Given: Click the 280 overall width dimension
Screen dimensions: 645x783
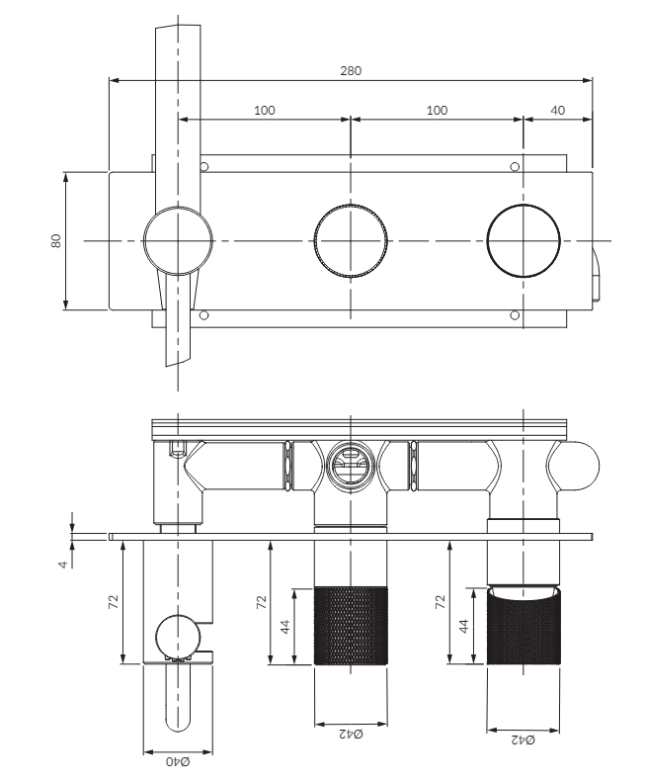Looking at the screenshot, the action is pyautogui.click(x=351, y=71).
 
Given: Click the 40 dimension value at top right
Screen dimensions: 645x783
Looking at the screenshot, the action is pyautogui.click(x=557, y=111).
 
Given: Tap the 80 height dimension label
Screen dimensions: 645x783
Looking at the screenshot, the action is pyautogui.click(x=56, y=240).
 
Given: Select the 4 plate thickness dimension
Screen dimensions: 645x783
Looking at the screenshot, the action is pyautogui.click(x=62, y=565).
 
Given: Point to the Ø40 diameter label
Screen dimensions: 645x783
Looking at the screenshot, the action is pyautogui.click(x=178, y=761).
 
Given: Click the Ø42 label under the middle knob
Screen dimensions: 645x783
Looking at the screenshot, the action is pyautogui.click(x=351, y=734).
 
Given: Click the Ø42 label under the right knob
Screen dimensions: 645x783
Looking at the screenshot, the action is pyautogui.click(x=523, y=739).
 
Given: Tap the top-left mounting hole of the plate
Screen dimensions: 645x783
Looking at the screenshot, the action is pyautogui.click(x=203, y=167).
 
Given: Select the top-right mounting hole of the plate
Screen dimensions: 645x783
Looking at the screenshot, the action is pyautogui.click(x=515, y=167).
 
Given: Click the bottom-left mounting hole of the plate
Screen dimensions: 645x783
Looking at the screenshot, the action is pyautogui.click(x=203, y=315).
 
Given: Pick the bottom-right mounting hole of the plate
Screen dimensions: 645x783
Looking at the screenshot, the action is pyautogui.click(x=515, y=315).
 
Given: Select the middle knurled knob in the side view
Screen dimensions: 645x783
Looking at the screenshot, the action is pyautogui.click(x=351, y=626).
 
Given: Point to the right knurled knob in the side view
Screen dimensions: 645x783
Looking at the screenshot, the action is pyautogui.click(x=524, y=626).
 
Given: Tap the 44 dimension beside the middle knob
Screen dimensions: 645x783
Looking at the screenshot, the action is pyautogui.click(x=284, y=627).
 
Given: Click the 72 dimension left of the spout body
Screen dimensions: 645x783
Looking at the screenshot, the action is pyautogui.click(x=114, y=601).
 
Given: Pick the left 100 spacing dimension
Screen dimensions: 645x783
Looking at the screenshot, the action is pyautogui.click(x=265, y=111).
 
